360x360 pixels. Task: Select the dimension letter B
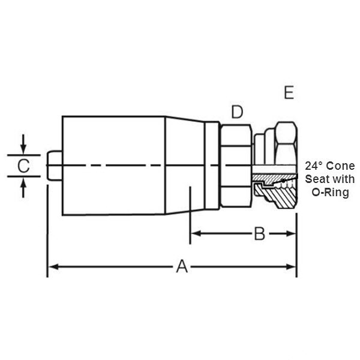259,233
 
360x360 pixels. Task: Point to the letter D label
238,112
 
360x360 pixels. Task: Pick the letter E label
289,92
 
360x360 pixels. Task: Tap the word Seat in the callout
317,179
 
